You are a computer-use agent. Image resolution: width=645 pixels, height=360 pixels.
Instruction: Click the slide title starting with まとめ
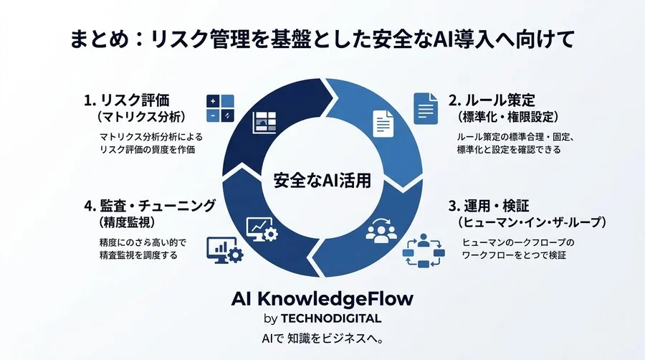pos(322,39)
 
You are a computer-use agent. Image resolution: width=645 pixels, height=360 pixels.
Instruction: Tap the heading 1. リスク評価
pos(127,100)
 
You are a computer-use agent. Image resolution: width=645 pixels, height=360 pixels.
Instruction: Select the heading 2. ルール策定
pos(492,100)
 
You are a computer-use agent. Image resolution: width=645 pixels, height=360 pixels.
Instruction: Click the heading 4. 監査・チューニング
pos(150,205)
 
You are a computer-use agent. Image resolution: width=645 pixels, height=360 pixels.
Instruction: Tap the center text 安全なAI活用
pos(322,180)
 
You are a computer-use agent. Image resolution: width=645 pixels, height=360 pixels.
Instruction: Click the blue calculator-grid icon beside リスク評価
pos(220,108)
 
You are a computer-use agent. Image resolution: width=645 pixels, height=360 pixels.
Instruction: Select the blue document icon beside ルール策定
pos(426,108)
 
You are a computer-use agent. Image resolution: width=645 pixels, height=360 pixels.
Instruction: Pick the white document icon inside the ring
pos(383,123)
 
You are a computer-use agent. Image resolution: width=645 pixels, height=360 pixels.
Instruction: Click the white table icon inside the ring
pos(264,122)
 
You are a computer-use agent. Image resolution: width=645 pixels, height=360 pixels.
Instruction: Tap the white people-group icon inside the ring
pos(381,230)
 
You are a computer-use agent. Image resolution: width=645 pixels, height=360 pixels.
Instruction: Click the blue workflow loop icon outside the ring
pos(424,250)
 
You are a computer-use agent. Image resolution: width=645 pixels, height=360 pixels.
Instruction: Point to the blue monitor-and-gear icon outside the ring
pos(224,250)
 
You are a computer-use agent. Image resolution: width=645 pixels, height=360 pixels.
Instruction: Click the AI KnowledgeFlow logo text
pos(322,299)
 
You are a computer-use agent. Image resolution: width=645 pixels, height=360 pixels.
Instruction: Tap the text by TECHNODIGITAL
pos(322,318)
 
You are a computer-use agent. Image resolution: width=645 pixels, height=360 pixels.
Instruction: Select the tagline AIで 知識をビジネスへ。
pos(322,338)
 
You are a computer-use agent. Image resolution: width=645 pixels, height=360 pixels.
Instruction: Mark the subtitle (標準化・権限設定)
pos(508,117)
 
